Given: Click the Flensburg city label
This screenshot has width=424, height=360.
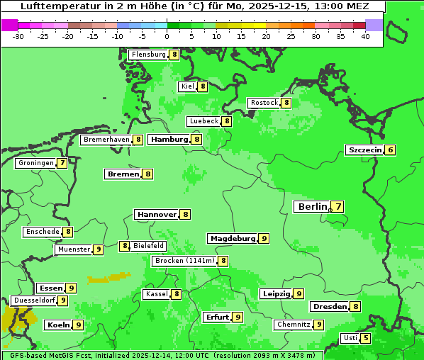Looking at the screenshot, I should pos(149,55).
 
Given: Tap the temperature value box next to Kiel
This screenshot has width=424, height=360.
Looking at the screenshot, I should pos(203,86).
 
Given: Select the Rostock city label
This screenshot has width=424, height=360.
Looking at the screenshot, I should pos(264,103).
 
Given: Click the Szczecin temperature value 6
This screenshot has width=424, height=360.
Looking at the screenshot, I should pos(390,150).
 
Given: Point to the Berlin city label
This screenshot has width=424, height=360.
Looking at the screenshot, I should pos(312,207).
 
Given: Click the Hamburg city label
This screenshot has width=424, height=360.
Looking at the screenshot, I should pos(169,140).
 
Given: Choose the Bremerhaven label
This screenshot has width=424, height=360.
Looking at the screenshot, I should pos(106,140).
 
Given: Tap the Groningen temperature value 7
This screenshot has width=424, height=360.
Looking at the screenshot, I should pos(62,163).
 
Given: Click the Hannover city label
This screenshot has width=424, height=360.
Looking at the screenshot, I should pos(157,214).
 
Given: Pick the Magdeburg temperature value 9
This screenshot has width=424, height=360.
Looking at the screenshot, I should pos(264,239).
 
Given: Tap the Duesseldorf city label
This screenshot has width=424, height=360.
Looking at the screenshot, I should pos(35,300).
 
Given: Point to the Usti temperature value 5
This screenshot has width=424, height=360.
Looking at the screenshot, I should pos(366,338).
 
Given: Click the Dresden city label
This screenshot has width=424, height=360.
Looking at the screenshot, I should pos(330,307).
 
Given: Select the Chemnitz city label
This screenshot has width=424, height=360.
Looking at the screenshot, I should pos(294,325).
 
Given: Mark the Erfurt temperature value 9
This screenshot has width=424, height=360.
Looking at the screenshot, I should pos(238,317).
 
